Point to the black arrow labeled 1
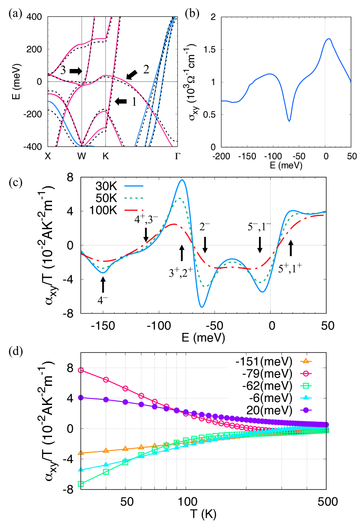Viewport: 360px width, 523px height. coord(121,101)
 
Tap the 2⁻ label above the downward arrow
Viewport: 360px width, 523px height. coord(205,227)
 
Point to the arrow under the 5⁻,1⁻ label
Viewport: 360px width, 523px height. coord(260,244)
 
